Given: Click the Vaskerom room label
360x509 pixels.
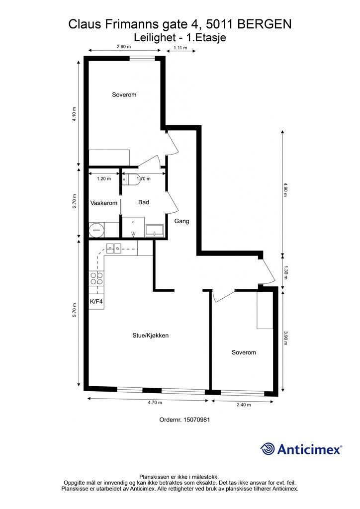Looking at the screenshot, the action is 104,203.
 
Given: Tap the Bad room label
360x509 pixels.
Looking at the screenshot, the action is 144,202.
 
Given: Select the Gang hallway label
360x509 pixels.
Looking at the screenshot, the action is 182,221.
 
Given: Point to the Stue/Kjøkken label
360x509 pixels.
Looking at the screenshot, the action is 150,336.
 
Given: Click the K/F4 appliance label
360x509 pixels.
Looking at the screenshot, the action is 96,302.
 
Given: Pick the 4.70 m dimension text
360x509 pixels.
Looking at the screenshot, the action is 155,403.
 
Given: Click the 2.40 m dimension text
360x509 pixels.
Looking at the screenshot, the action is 244,405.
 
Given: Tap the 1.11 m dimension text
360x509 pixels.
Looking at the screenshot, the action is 180,48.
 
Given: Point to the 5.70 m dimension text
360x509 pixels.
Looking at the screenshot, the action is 75,310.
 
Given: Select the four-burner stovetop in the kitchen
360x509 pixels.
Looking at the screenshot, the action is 96,278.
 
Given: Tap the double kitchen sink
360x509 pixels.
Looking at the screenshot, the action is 113,249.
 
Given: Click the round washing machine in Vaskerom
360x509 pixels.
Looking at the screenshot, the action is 96,230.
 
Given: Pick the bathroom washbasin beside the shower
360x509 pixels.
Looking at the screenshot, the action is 155,230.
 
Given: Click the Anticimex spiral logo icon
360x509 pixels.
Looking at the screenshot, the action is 267,449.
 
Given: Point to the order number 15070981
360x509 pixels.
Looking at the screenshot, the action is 197,420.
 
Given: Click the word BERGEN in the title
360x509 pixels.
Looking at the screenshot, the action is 265,24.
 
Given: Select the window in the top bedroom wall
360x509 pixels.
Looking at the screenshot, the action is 142,59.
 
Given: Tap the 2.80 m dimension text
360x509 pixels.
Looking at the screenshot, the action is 124,46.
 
